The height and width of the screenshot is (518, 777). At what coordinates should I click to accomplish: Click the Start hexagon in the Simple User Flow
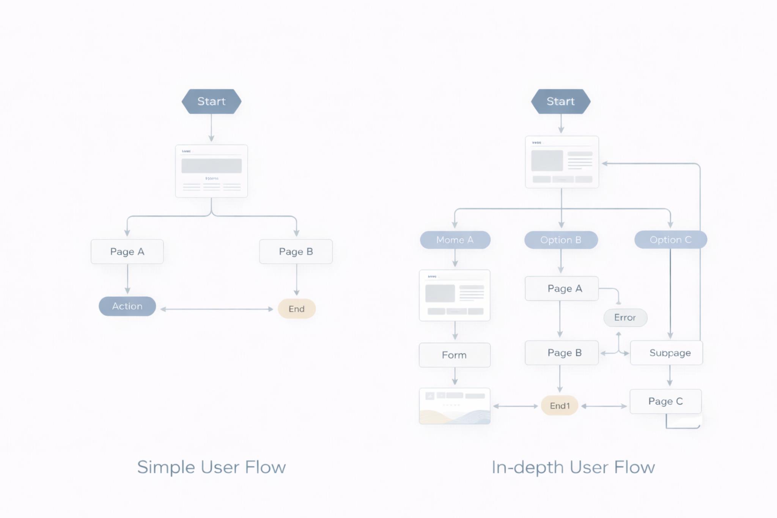coord(211,101)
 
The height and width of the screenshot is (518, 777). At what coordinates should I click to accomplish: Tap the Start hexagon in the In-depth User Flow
coord(560,101)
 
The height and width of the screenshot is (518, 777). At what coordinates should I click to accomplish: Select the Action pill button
coord(127,306)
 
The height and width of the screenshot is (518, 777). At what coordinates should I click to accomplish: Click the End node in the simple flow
coord(296,309)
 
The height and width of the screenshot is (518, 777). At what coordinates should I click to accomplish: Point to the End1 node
coord(560,406)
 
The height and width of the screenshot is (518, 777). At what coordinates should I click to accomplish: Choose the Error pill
coord(625,318)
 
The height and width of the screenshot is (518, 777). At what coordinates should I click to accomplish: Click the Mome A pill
coord(455,240)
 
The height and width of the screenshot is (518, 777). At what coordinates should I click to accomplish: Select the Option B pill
coord(560,240)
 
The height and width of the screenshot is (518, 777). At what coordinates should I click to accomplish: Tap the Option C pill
coord(670,240)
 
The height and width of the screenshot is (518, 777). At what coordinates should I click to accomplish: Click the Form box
coord(454,355)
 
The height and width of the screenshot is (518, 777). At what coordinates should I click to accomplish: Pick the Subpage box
coord(670,353)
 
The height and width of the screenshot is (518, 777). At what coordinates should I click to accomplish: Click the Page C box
coord(665,401)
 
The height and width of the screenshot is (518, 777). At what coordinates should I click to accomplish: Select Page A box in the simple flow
coord(127,252)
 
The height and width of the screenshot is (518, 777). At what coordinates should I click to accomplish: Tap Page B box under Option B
coord(562,353)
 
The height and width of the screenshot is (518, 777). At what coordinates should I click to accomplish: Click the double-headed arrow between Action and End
coord(217,309)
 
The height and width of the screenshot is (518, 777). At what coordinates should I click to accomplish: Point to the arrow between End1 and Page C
coord(604,406)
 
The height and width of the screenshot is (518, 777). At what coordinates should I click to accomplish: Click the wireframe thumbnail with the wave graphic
coord(455,406)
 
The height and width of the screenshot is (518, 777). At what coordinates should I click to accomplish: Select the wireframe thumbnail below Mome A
coord(455,295)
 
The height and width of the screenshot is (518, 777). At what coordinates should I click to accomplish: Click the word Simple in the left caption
coord(166,467)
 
